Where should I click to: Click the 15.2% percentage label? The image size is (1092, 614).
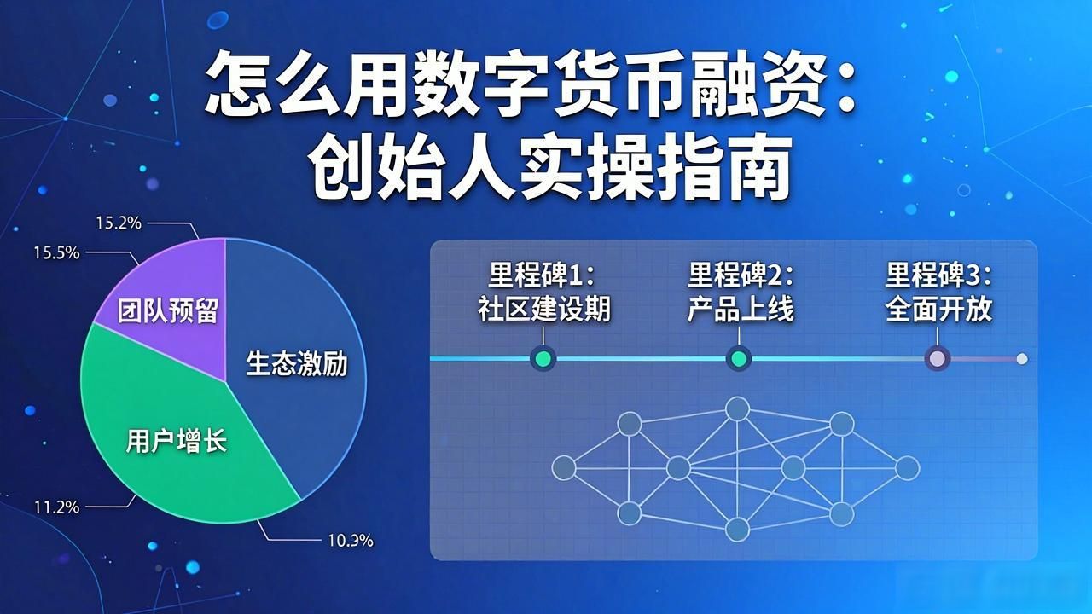click(x=119, y=223)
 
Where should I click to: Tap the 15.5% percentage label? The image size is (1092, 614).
click(x=56, y=252)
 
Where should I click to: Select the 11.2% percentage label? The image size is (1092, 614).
click(x=56, y=507)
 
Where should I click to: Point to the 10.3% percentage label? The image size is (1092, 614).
click(x=350, y=540)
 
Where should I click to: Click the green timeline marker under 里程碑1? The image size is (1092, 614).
click(x=543, y=359)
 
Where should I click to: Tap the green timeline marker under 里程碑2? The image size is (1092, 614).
click(x=739, y=359)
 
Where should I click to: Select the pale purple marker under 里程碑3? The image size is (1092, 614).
click(x=938, y=359)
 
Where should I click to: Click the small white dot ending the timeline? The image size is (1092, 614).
click(x=1022, y=359)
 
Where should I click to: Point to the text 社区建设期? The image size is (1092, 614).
click(x=544, y=309)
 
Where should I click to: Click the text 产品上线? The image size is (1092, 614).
click(x=741, y=309)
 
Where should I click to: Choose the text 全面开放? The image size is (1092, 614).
click(x=939, y=309)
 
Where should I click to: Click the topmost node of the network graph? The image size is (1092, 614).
click(x=737, y=408)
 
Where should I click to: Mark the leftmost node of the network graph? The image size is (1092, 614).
click(x=564, y=468)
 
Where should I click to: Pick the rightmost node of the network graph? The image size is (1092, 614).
click(x=907, y=468)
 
